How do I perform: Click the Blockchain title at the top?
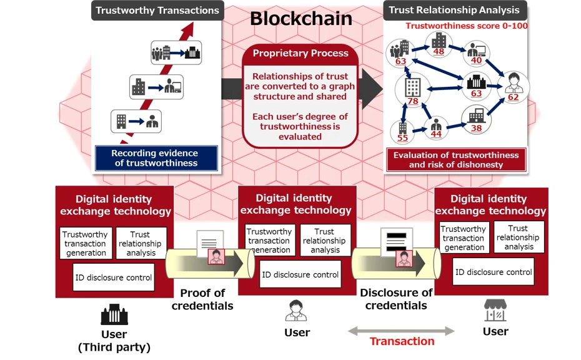(301, 18)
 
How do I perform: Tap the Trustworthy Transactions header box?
(157, 10)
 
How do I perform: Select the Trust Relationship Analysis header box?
(455, 10)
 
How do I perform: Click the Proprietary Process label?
(300, 53)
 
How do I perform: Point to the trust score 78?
(413, 101)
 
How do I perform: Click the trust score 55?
(402, 137)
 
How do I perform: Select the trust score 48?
(439, 52)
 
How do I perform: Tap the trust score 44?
(436, 134)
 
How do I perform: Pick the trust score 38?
(476, 129)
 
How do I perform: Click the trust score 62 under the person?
(513, 97)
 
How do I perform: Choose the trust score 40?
(477, 61)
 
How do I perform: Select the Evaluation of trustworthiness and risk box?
(455, 160)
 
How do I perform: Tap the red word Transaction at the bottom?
(402, 341)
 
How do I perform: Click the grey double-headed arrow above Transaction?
(401, 330)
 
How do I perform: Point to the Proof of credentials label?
(202, 299)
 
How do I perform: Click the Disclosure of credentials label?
(396, 299)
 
